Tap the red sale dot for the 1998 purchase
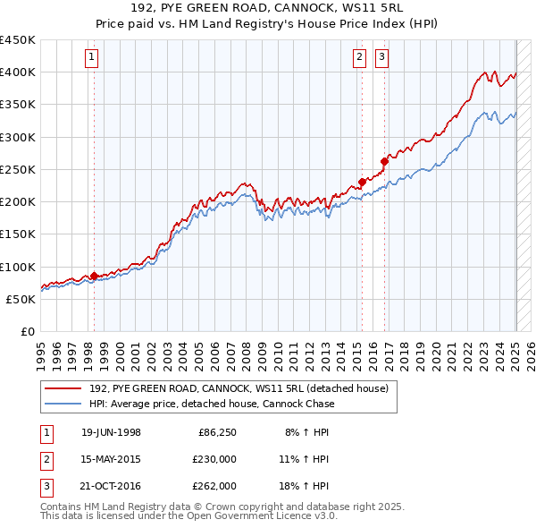94,276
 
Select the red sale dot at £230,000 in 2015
362,182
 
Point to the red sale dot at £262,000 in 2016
384,161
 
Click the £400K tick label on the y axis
18,72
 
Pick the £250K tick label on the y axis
18,169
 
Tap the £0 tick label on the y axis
27,331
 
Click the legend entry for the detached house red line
239,389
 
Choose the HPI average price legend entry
212,404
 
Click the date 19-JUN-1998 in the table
111,432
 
